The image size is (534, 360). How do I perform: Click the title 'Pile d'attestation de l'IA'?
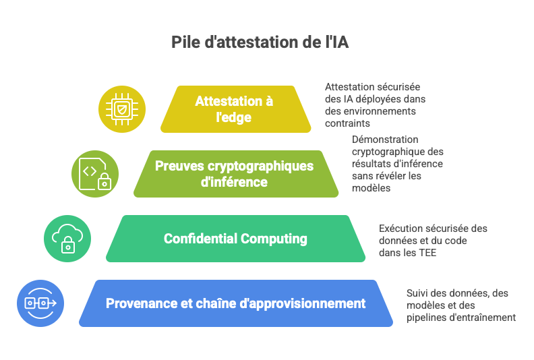[x=260, y=42]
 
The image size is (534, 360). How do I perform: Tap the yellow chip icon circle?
[x=122, y=109]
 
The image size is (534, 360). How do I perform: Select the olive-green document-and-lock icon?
[x=95, y=174]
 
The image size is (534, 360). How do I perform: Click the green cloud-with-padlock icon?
[x=67, y=239]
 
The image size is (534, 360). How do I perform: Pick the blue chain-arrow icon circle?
[x=40, y=303]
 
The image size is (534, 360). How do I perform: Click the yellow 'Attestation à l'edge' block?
[x=236, y=109]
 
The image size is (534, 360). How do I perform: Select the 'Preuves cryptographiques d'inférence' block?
[x=236, y=174]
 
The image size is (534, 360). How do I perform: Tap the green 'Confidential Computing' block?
[x=236, y=239]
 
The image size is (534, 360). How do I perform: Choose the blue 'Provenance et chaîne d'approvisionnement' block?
[x=236, y=303]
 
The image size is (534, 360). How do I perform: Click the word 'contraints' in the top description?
[x=347, y=123]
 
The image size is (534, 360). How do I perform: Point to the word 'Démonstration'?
[x=385, y=140]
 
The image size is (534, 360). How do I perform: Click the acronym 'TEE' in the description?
[x=427, y=253]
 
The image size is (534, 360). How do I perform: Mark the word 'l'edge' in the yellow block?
[x=233, y=117]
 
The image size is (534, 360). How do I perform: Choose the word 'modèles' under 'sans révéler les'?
[x=372, y=188]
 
